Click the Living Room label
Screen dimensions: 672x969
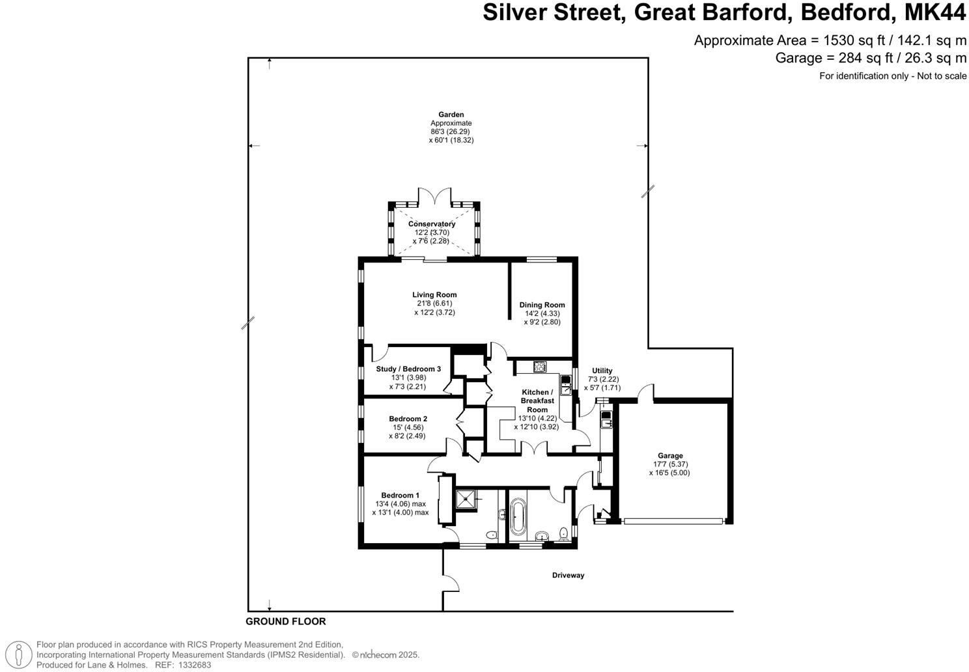[x=434, y=295]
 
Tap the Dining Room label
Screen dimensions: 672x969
[x=542, y=305]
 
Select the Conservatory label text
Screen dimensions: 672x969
[x=432, y=224]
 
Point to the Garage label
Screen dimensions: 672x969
[x=670, y=456]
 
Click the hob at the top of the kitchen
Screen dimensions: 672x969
[x=540, y=367]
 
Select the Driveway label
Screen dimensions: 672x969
[x=568, y=576]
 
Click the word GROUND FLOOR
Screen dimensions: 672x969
[x=285, y=622]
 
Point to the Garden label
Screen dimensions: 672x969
[x=451, y=115]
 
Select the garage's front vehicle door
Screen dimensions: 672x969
[x=673, y=521]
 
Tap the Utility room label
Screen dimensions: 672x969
[x=602, y=371]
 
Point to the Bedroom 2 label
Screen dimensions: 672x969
[x=408, y=419]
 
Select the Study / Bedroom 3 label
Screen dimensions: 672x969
[x=408, y=369]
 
